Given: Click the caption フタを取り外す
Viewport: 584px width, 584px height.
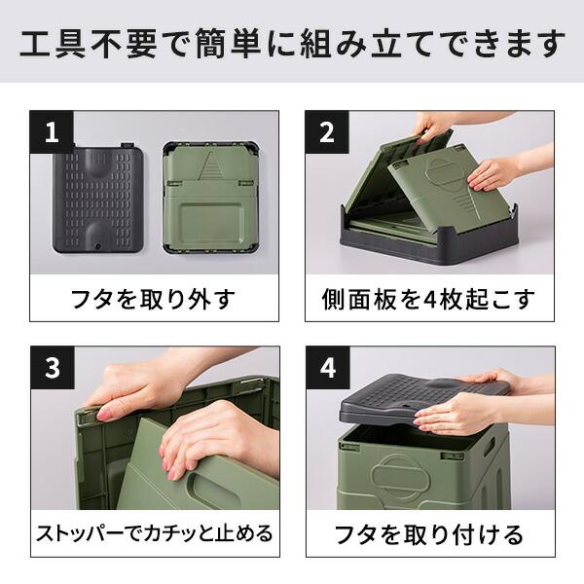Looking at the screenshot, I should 155,298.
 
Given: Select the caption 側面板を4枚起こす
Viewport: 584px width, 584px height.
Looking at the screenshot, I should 430,298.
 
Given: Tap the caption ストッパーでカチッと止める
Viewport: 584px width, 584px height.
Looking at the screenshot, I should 155,534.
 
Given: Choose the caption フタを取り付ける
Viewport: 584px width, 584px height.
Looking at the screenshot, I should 430,534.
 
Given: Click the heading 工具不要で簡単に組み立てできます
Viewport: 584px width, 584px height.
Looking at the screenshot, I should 292,43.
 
